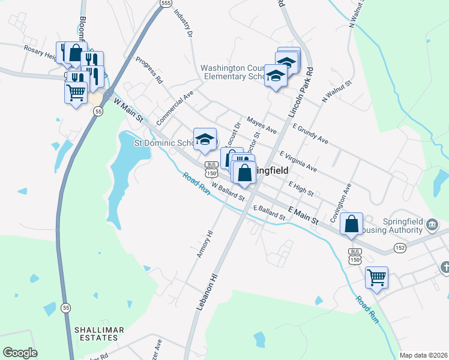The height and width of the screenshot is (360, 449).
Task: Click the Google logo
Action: click(x=20, y=353)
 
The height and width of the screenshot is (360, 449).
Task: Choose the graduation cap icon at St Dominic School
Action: click(x=205, y=139)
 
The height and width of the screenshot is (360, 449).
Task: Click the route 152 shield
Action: click(x=400, y=247)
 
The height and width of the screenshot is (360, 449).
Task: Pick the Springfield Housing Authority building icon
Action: click(x=432, y=225)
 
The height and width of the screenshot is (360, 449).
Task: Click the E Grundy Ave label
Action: click(x=311, y=134)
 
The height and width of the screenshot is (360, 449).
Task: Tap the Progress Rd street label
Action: click(x=149, y=70)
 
